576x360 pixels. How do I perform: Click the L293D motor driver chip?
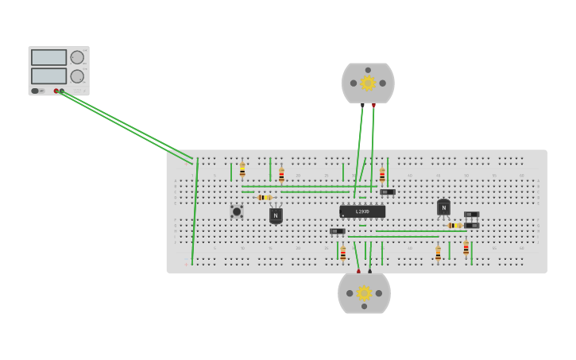[x=362, y=212]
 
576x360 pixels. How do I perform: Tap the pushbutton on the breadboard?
[x=236, y=211]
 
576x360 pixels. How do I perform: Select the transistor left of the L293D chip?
[x=276, y=215]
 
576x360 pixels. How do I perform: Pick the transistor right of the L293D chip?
[x=443, y=207]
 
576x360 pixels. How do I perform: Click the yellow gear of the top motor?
[x=368, y=83]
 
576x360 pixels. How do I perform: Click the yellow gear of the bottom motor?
[x=364, y=293]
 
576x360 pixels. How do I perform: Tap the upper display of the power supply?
[x=48, y=58]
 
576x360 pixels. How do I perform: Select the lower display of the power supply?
[x=48, y=76]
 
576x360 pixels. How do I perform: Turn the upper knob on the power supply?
[x=77, y=57]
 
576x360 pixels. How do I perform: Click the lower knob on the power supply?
[x=77, y=76]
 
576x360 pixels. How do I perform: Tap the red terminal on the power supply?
[x=56, y=91]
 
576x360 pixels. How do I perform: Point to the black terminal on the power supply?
[x=62, y=91]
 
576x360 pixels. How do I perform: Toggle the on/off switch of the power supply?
[x=36, y=91]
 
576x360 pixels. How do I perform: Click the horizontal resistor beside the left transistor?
[x=265, y=197]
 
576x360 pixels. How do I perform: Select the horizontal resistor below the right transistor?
[x=454, y=226]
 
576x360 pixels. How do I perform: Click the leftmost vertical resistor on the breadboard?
[x=242, y=170]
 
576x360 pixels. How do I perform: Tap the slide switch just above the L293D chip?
[x=387, y=192]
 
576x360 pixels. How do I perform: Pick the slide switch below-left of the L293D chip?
[x=337, y=231]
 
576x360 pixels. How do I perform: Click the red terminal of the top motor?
[x=374, y=105]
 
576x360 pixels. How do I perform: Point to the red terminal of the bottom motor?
[x=358, y=271]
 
